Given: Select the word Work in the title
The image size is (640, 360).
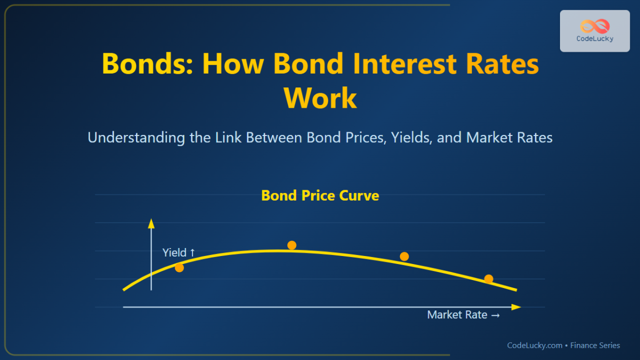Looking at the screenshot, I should (320, 98).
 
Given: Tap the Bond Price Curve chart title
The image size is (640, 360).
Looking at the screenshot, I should (320, 196).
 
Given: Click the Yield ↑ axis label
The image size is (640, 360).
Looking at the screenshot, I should (179, 253).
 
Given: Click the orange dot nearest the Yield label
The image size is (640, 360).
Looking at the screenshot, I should (179, 268).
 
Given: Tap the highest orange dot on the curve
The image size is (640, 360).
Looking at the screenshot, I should (292, 245).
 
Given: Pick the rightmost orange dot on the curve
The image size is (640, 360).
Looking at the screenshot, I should (489, 279).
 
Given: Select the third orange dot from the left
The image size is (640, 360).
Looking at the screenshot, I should (404, 257).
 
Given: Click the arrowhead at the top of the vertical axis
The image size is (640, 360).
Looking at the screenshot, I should (151, 222).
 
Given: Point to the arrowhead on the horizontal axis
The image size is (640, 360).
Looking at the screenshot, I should (516, 307).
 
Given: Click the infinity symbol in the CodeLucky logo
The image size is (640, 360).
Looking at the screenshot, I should (594, 26).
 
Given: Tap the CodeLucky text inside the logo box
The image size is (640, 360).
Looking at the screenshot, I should (594, 39).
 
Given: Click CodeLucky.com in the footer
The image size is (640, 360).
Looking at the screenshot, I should (534, 346).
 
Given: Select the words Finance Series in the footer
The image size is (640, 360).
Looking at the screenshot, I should (595, 346).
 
